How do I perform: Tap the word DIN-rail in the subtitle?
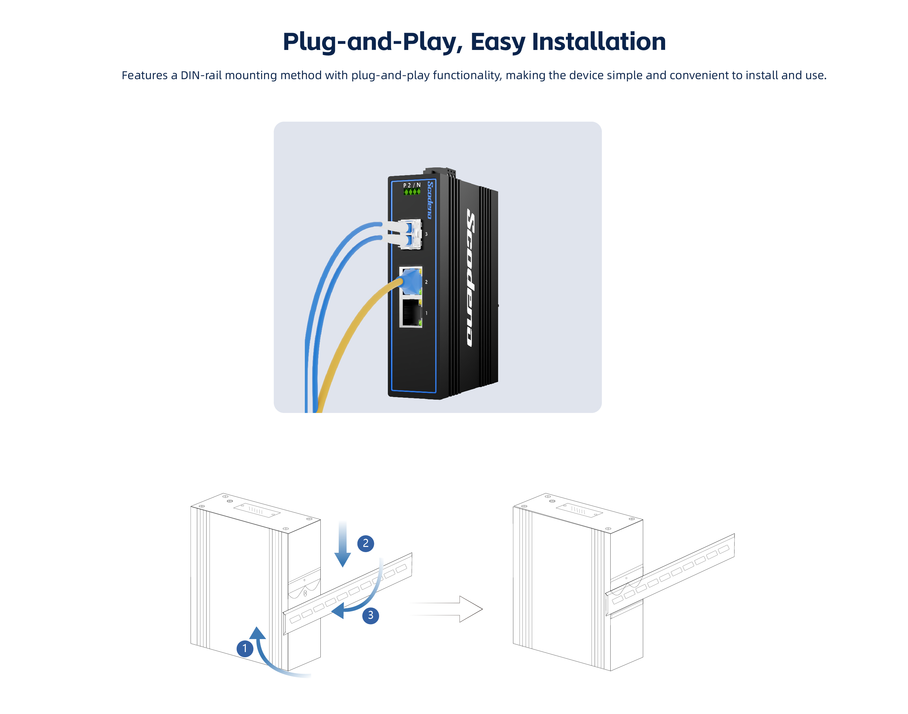(x=201, y=75)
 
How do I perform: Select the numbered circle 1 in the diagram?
(x=245, y=649)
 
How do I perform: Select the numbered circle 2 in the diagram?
(x=365, y=543)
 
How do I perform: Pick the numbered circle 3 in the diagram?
(x=370, y=616)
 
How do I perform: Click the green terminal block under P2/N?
(x=412, y=192)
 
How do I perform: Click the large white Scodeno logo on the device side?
(x=471, y=278)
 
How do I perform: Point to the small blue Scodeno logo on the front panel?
(x=430, y=200)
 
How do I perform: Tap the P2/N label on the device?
(x=412, y=185)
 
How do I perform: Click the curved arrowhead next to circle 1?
(x=257, y=633)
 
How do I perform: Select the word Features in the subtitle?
(x=145, y=75)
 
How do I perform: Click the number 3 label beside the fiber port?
(x=426, y=234)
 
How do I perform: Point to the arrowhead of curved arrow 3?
(x=338, y=611)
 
